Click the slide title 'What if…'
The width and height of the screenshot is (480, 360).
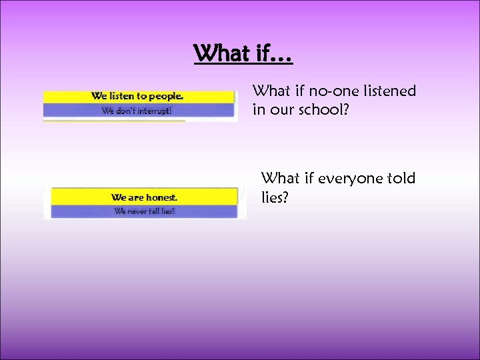click(243, 53)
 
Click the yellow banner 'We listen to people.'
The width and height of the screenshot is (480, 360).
click(139, 97)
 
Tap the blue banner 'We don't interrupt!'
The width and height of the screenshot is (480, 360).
click(139, 111)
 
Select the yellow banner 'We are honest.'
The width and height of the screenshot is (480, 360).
click(144, 197)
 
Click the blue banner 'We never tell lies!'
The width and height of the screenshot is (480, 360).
click(144, 211)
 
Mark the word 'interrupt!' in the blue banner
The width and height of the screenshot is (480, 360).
click(153, 111)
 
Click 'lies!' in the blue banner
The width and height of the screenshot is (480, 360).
click(166, 211)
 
